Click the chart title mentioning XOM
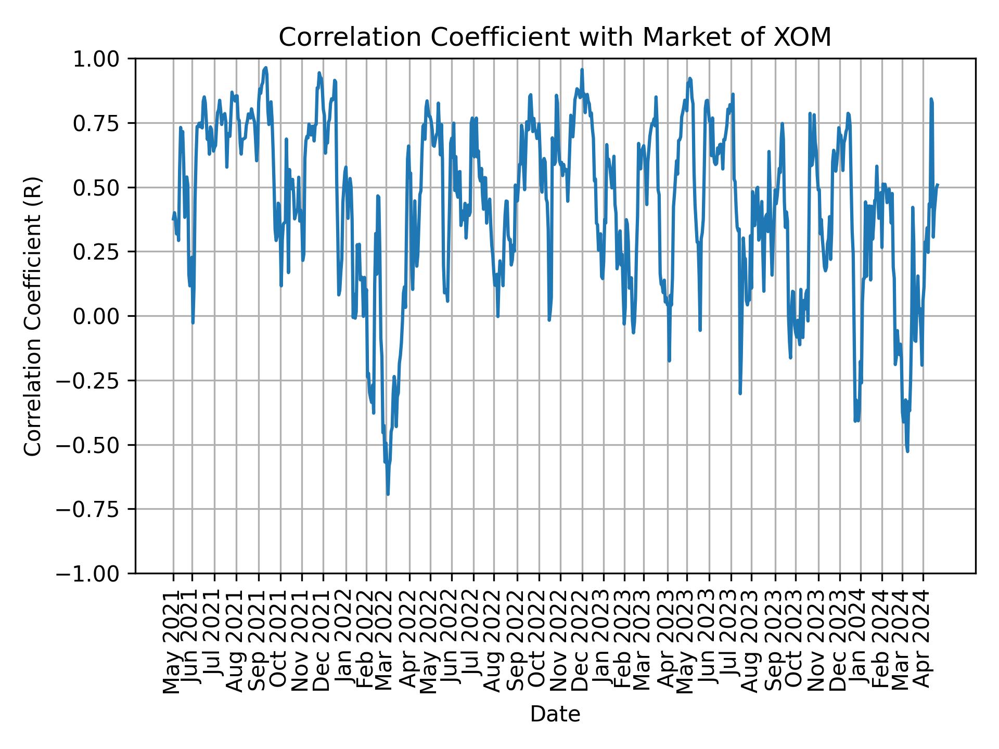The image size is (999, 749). click(555, 37)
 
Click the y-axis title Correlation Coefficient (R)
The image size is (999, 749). click(33, 316)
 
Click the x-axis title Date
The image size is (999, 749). click(555, 715)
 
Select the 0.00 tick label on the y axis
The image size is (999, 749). click(103, 316)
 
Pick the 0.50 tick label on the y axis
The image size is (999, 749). click(103, 188)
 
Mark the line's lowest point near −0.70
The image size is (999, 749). click(388, 494)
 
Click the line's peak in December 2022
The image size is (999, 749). click(582, 69)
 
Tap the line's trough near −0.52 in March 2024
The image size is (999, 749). click(907, 451)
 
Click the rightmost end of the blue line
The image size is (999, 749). click(938, 185)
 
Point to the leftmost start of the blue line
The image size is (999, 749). click(173, 219)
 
